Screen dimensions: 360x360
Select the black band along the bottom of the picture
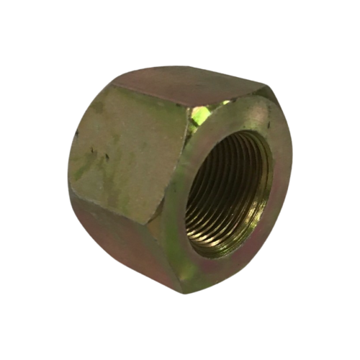[x=180, y=342]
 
